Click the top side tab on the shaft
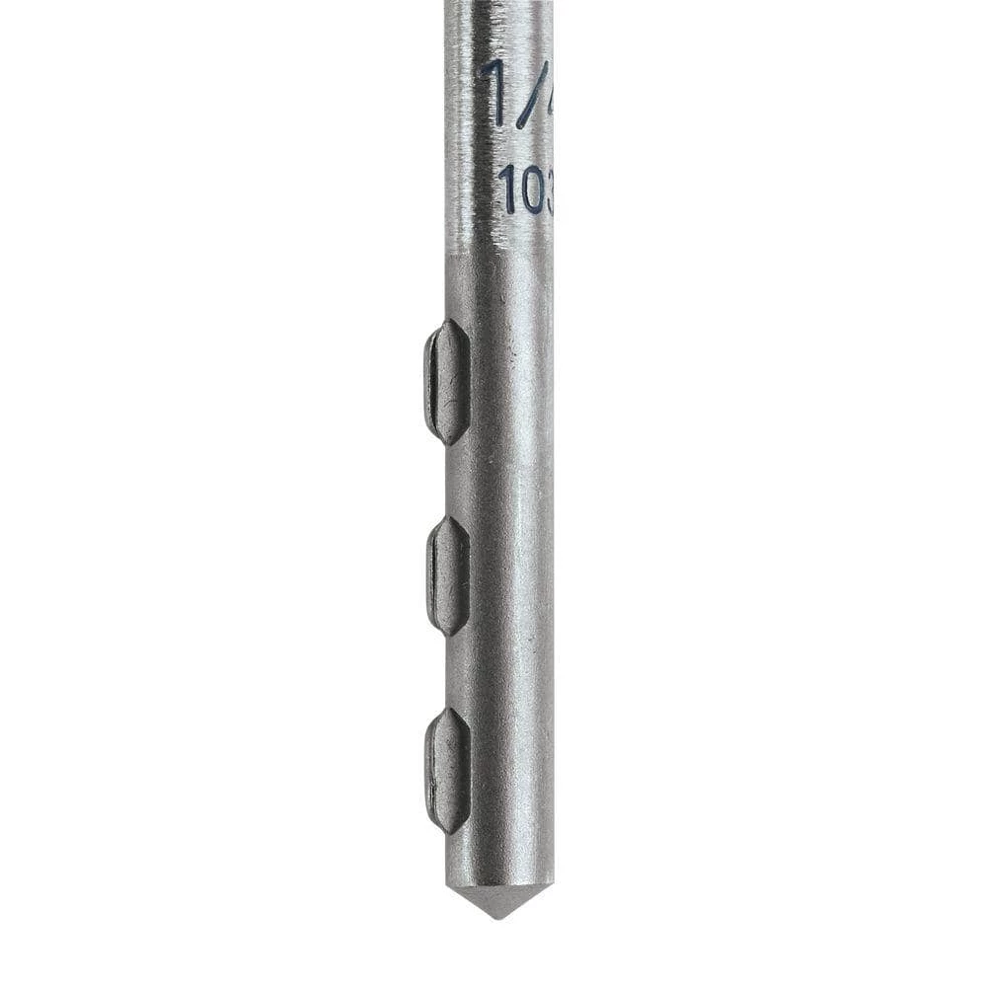446,382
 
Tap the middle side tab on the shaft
448,575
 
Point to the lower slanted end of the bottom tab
450,821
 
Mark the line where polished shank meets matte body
498,253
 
